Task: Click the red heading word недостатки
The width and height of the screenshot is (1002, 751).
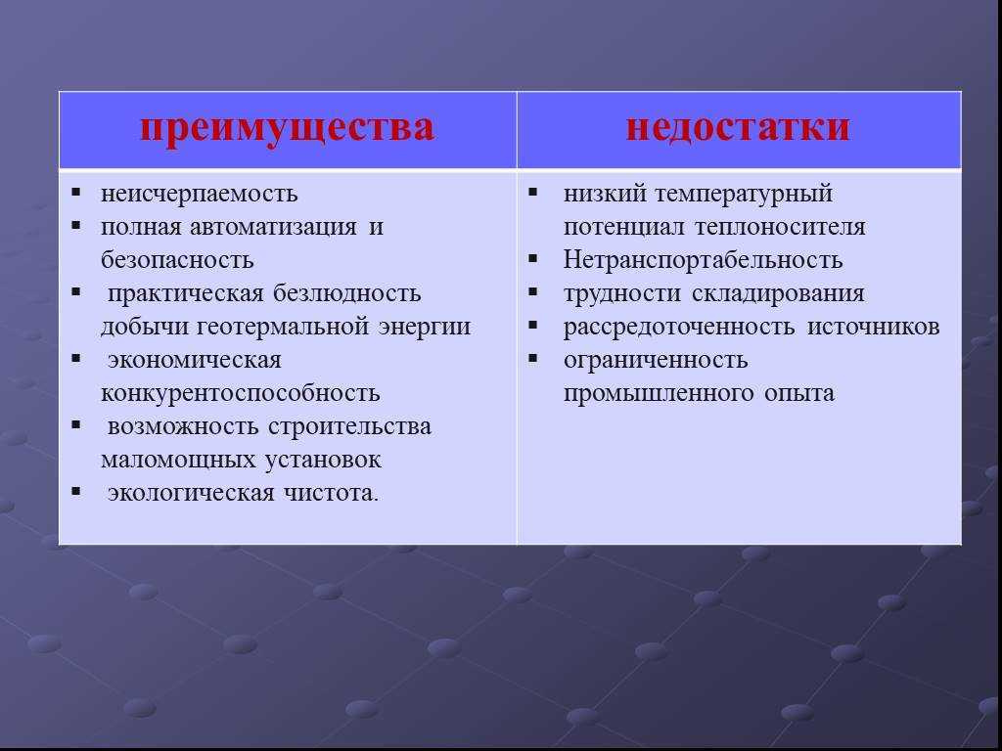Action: (738, 126)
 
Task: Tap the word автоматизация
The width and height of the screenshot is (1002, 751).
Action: (273, 227)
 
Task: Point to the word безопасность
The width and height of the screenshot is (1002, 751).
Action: (177, 260)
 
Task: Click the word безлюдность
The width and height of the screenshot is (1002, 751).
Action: (347, 293)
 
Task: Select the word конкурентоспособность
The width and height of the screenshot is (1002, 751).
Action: (241, 393)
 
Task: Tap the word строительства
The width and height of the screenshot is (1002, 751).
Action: (349, 426)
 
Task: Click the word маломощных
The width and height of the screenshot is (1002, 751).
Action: (178, 460)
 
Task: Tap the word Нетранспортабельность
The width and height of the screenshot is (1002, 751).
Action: (703, 260)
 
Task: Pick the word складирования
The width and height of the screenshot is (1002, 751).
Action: (778, 294)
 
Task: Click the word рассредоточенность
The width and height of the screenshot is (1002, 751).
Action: (679, 327)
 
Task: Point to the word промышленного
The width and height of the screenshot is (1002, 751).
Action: (659, 393)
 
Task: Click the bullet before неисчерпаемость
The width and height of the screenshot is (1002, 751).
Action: (76, 191)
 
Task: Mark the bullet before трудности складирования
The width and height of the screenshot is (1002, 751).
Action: (533, 290)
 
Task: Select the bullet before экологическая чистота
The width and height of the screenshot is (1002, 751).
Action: (76, 491)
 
